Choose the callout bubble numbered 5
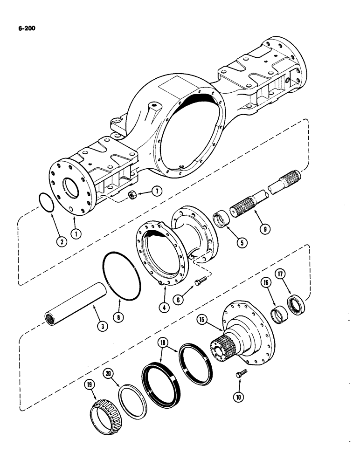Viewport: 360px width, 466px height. click(240, 242)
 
